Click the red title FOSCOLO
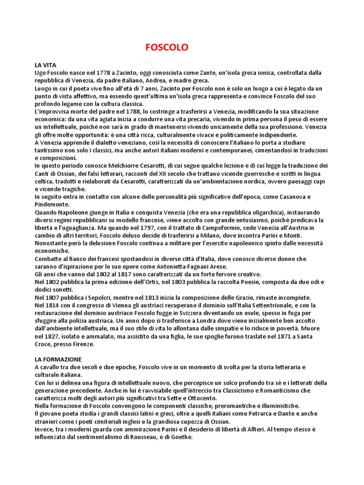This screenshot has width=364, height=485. click(x=166, y=48)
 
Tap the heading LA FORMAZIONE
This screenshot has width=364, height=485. click(x=58, y=359)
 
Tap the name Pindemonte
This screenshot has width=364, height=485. click(x=52, y=205)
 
